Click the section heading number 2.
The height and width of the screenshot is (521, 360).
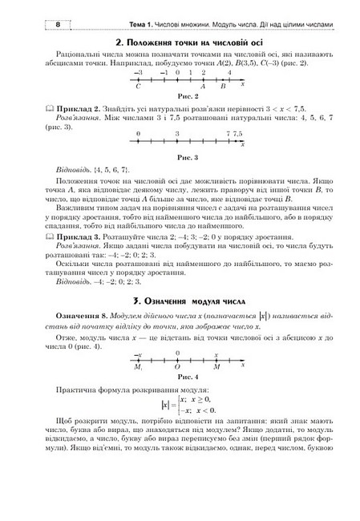119,41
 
